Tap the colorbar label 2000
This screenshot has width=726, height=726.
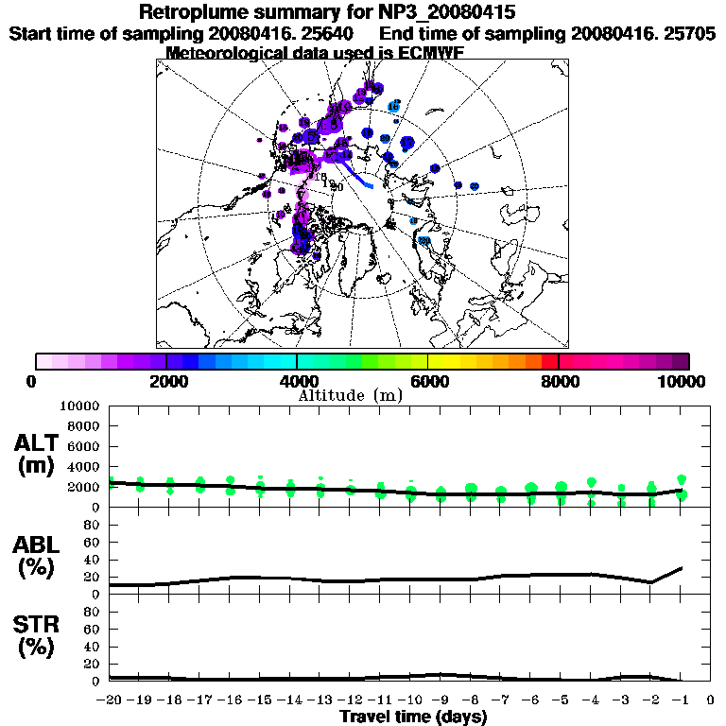click(x=166, y=381)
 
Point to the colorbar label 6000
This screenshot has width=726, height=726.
click(x=427, y=381)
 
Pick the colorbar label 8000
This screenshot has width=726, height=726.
click(x=559, y=381)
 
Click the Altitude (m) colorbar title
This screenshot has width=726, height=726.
click(x=350, y=395)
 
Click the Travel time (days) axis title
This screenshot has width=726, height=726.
click(x=412, y=717)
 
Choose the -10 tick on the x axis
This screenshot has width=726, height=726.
click(x=410, y=700)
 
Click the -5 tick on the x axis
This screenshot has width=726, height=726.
click(x=561, y=700)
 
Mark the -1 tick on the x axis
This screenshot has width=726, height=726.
click(x=681, y=700)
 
